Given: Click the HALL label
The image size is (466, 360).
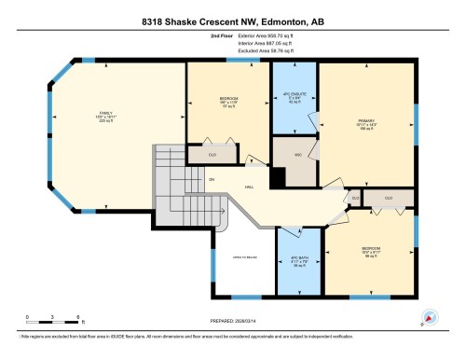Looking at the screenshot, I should click(250, 187).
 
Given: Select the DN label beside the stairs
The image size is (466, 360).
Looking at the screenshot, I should click(212, 179).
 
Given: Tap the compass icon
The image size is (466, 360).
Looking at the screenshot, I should click(429, 317).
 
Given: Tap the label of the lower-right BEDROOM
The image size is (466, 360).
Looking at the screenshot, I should click(371, 251).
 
